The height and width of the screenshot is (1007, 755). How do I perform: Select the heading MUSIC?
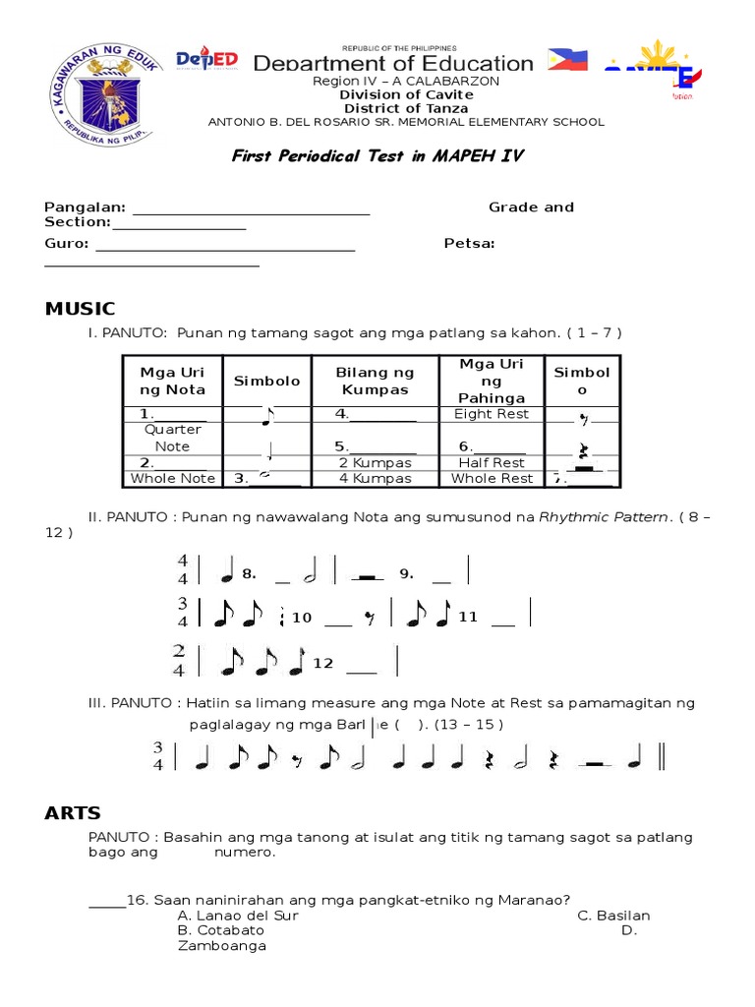(80, 309)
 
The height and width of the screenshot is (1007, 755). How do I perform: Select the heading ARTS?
(73, 812)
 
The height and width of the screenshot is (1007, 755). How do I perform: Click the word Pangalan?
(85, 207)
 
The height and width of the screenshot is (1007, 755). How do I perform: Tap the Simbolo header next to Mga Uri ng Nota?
(266, 381)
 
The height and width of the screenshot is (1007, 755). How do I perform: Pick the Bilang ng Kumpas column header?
(375, 381)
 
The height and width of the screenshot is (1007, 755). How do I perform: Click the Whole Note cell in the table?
(172, 479)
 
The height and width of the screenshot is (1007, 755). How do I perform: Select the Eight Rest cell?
(492, 414)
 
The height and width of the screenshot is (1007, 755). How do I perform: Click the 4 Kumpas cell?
(374, 479)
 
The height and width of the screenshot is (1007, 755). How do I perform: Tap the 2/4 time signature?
(181, 661)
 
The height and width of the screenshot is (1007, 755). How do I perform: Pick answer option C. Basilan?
(613, 916)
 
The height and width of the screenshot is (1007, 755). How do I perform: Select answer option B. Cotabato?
(221, 930)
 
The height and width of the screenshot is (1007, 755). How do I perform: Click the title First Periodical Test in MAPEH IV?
(377, 155)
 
